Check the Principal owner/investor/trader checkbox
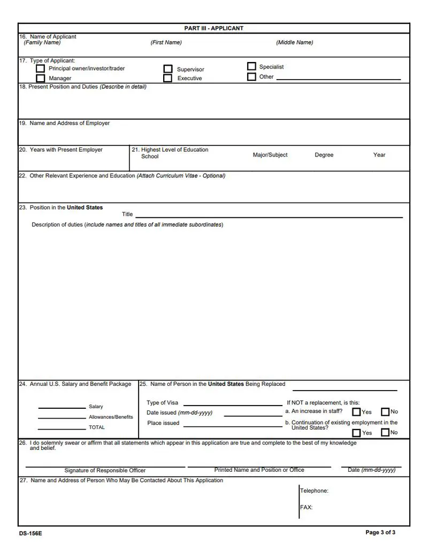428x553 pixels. click(40, 69)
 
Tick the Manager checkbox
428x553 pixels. click(40, 79)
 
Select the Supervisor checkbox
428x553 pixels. click(168, 69)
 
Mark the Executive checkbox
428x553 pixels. click(168, 79)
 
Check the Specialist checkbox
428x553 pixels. click(251, 67)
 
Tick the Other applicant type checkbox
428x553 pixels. click(251, 76)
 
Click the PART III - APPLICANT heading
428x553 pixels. click(213, 28)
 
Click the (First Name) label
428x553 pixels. click(166, 43)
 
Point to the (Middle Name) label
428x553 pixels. click(294, 43)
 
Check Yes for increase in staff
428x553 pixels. click(356, 412)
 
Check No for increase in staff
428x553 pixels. click(385, 412)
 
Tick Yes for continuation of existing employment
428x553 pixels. click(356, 433)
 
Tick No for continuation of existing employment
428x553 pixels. click(385, 432)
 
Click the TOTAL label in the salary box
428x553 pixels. click(97, 427)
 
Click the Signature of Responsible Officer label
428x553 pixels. click(105, 471)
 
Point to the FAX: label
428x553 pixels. click(307, 508)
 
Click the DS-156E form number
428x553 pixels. click(30, 533)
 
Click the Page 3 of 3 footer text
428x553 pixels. click(380, 533)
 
